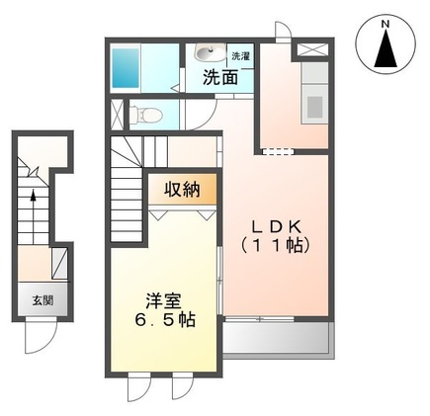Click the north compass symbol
tap(387, 47)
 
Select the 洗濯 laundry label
tap(241, 56)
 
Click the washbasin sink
tap(207, 53)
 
